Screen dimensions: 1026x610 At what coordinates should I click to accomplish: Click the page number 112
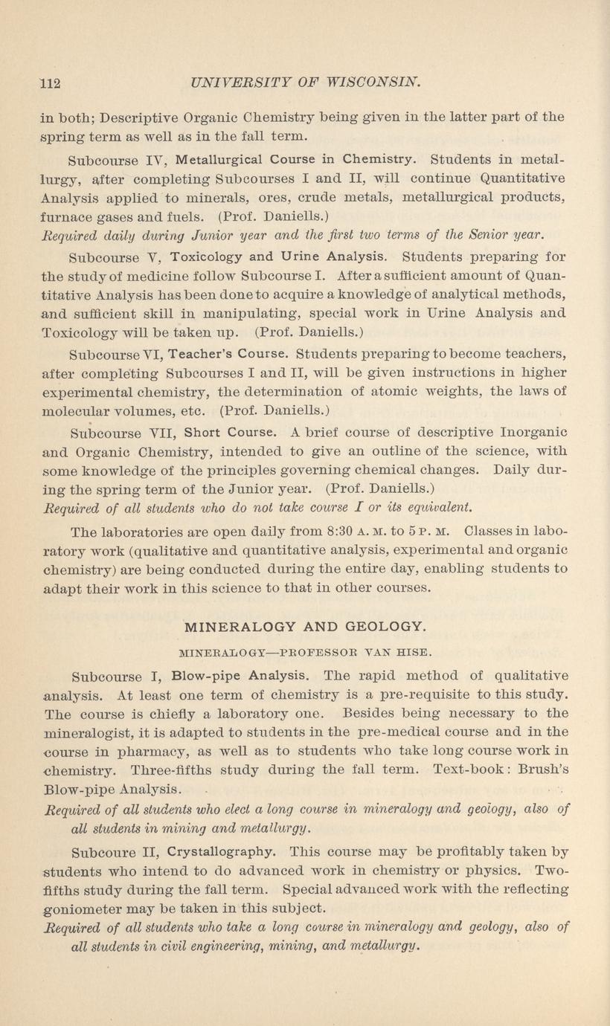point(49,81)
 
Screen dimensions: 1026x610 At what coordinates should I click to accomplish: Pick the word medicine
point(137,276)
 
